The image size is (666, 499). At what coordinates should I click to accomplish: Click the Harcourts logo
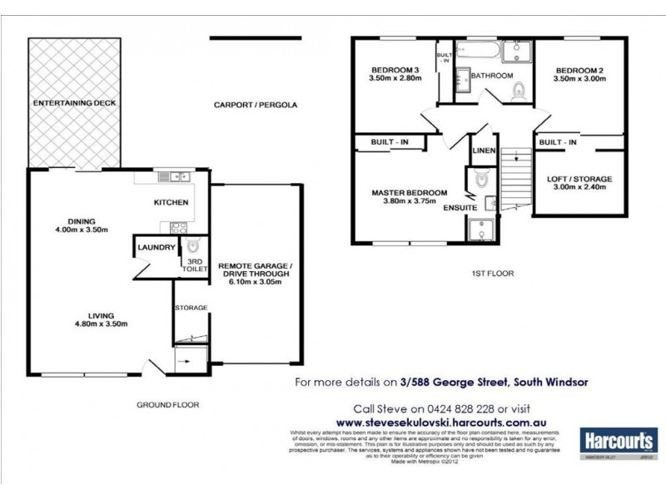[618, 441]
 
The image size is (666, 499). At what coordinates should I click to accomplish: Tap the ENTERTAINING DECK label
[73, 103]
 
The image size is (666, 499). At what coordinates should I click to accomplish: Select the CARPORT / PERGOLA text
[255, 106]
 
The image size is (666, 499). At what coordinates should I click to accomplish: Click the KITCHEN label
[171, 202]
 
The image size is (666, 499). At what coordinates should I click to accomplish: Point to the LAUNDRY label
[157, 247]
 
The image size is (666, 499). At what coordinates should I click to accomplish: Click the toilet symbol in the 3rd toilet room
[192, 247]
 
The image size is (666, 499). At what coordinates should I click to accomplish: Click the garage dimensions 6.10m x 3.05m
[256, 281]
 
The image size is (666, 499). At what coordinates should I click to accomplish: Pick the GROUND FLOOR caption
[167, 405]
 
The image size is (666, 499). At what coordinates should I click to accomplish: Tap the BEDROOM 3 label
[396, 69]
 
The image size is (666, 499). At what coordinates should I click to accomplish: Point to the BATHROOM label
[492, 76]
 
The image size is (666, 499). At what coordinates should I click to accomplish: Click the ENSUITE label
[460, 206]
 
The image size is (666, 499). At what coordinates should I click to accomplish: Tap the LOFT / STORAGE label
[579, 179]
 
